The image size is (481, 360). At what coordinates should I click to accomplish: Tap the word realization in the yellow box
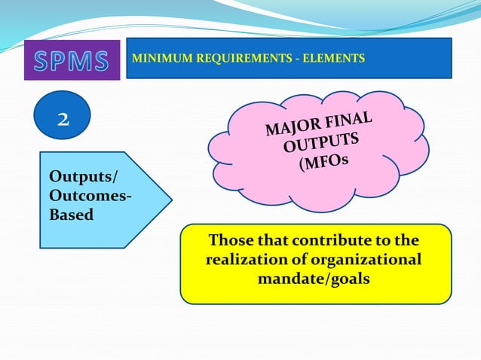tap(247, 260)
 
